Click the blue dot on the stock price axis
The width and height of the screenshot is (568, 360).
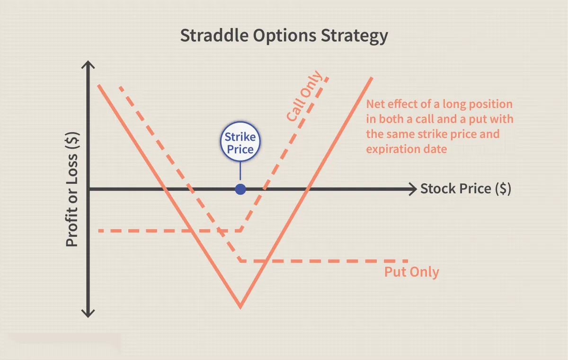click(x=240, y=189)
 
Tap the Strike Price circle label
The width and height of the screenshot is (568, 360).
click(x=240, y=142)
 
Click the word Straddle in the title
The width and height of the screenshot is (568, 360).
click(x=214, y=35)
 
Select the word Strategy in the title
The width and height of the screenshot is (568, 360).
click(x=354, y=36)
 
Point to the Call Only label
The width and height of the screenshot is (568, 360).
click(x=304, y=96)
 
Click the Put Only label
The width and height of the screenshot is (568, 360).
click(x=411, y=272)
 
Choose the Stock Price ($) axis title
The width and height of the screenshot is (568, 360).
click(x=466, y=189)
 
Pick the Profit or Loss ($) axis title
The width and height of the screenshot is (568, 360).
click(x=72, y=189)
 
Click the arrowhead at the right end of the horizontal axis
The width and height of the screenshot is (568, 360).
click(x=413, y=189)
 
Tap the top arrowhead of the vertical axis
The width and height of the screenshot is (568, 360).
click(x=88, y=64)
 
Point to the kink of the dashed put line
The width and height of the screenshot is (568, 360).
click(x=240, y=261)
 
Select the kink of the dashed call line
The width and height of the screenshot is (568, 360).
click(x=241, y=230)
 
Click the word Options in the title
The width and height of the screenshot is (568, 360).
click(x=284, y=36)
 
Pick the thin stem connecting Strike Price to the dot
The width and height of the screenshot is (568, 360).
click(x=240, y=171)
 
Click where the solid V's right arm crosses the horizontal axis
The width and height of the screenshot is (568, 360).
click(x=308, y=189)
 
